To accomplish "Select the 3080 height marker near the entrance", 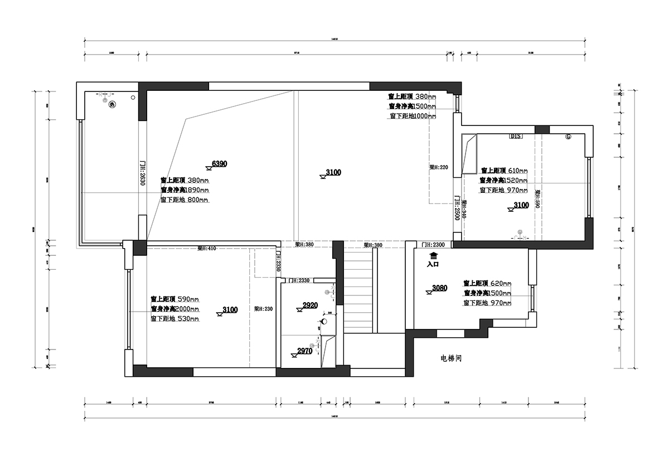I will click(x=439, y=288).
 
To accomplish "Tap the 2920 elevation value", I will click(x=309, y=305).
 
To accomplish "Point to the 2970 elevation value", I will click(x=304, y=351).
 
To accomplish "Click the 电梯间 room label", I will click(x=451, y=358).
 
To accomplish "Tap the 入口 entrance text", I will click(x=433, y=265).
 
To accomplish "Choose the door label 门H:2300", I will click(x=433, y=245).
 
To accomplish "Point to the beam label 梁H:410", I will click(x=207, y=248).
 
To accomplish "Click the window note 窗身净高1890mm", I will click(x=185, y=190).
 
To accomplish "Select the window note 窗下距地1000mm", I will click(x=413, y=116).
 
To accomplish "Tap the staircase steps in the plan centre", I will click(x=358, y=290).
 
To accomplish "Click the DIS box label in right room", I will click(x=515, y=136).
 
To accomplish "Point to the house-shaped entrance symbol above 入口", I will click(x=433, y=255).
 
